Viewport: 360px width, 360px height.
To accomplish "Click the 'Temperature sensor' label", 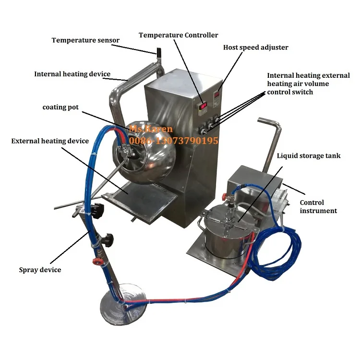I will click(x=85, y=40).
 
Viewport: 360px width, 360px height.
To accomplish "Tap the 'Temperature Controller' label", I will click(x=178, y=35).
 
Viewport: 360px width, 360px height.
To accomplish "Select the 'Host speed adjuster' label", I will click(x=255, y=48).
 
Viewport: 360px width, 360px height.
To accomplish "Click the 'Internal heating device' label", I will click(x=72, y=74).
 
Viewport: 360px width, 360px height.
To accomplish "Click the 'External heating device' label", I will click(x=50, y=141).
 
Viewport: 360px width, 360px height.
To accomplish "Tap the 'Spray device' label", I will click(x=40, y=270).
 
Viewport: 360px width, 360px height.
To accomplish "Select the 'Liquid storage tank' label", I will click(x=309, y=156).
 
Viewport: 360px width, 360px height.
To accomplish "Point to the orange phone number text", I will click(x=173, y=141).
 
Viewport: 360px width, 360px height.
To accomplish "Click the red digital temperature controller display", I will click(x=204, y=105).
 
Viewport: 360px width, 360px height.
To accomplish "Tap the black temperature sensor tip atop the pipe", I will click(x=156, y=51).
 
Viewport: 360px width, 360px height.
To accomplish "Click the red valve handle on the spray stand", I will click(x=96, y=263).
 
